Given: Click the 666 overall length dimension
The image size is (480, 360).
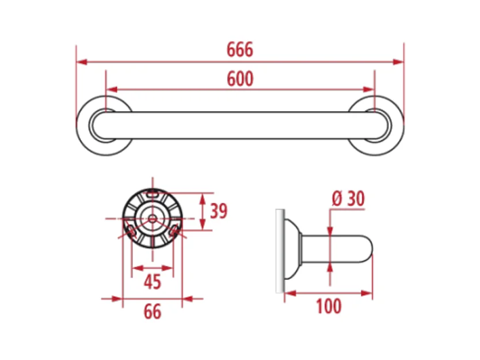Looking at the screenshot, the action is (240, 50).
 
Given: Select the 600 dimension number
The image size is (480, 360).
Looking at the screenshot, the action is (240, 79).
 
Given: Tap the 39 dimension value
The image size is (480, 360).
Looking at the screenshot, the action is (219, 211).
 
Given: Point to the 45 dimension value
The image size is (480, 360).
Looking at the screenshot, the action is (153, 282).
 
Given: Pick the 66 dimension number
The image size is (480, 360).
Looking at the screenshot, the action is (153, 312).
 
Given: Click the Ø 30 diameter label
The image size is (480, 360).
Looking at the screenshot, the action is (348, 199).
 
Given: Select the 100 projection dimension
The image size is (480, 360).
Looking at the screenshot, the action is (329, 306).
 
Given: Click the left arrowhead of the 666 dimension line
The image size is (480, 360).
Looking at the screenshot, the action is (82, 62).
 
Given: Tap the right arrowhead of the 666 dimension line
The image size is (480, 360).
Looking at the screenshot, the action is (398, 62).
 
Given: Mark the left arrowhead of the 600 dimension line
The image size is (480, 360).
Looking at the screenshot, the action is (112, 89).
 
